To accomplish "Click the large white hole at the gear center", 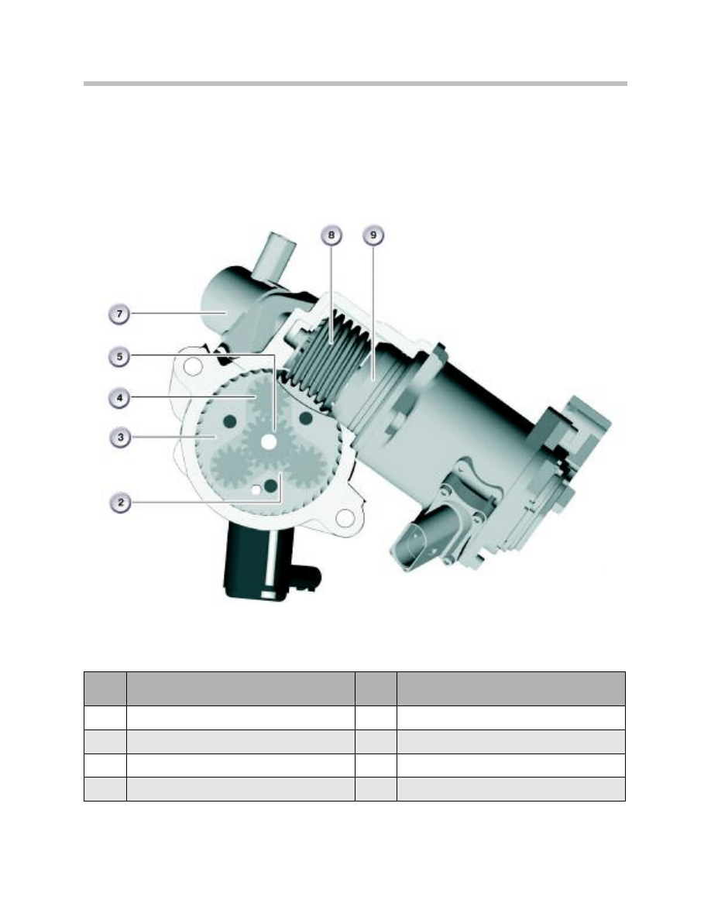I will (269, 441).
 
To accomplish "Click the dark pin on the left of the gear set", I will (229, 420).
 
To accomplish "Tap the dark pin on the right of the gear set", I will (305, 418).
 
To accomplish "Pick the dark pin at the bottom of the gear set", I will (271, 486).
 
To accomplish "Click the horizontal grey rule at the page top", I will (355, 83).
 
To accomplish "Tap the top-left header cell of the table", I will (105, 688).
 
